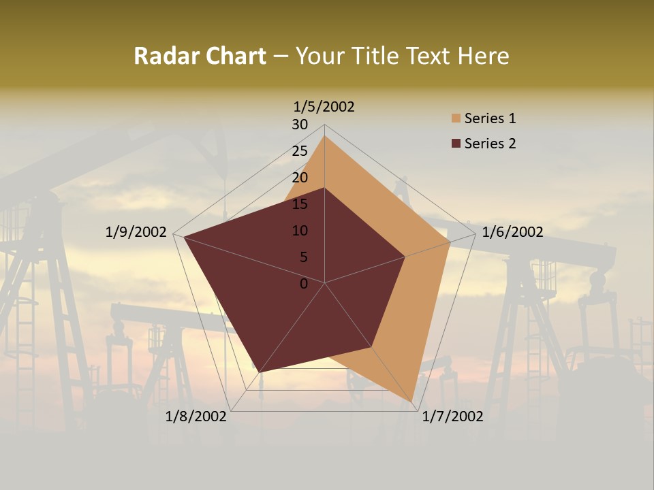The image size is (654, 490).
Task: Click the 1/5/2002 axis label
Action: (x=324, y=106)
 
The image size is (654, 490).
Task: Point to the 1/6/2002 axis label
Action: (x=512, y=232)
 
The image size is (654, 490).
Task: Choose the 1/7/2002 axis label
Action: (x=452, y=416)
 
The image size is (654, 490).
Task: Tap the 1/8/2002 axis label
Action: (x=196, y=416)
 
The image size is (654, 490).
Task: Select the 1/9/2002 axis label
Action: (x=136, y=232)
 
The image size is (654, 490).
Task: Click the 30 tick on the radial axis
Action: (x=300, y=125)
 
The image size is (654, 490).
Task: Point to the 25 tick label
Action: (x=300, y=151)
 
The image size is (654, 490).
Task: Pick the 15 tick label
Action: (x=300, y=204)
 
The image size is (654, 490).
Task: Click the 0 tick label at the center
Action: (x=304, y=284)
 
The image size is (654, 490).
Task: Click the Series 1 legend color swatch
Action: (x=456, y=118)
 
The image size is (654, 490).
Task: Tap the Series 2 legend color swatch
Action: (x=456, y=144)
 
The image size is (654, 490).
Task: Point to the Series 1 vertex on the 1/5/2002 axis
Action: (x=324, y=135)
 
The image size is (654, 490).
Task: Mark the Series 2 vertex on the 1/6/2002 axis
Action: (x=405, y=257)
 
